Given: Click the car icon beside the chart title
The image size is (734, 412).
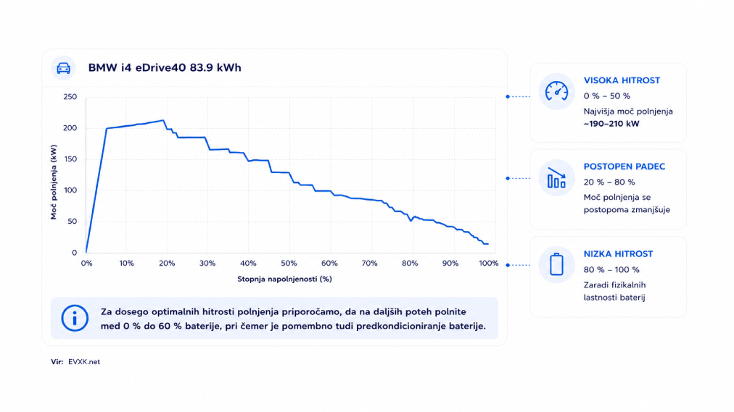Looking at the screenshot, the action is pyautogui.click(x=63, y=68).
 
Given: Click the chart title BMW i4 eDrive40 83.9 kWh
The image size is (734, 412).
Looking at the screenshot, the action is pyautogui.click(x=165, y=68).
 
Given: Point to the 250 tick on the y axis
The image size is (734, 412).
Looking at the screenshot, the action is pyautogui.click(x=70, y=97).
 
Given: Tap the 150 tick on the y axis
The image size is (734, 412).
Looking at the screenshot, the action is pyautogui.click(x=70, y=159).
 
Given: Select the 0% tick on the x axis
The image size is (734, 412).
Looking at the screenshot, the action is pyautogui.click(x=86, y=264).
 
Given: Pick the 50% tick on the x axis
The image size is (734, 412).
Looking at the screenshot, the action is pyautogui.click(x=289, y=264).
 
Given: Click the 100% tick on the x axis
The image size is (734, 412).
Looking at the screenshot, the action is pyautogui.click(x=488, y=264).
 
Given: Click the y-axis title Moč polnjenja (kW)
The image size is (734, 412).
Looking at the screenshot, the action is pyautogui.click(x=54, y=182).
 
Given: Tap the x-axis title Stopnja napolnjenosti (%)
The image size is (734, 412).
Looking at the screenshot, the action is pyautogui.click(x=284, y=279).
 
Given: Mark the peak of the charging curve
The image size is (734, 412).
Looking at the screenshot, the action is pyautogui.click(x=163, y=120).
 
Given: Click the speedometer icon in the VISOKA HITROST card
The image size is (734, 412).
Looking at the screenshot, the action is pyautogui.click(x=556, y=91).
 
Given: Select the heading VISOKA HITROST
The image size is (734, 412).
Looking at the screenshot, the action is pyautogui.click(x=622, y=80).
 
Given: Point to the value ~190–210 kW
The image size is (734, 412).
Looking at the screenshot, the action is pyautogui.click(x=611, y=124).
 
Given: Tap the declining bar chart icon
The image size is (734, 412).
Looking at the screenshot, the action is pyautogui.click(x=556, y=178).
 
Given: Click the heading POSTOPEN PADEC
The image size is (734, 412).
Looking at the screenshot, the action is pyautogui.click(x=624, y=167).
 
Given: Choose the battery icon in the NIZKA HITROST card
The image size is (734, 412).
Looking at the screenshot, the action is pyautogui.click(x=556, y=264).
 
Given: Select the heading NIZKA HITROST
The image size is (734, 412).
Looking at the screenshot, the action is pyautogui.click(x=618, y=254).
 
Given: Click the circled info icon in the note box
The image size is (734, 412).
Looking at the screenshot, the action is pyautogui.click(x=75, y=318).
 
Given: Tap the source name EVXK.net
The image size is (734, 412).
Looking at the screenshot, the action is pyautogui.click(x=84, y=362).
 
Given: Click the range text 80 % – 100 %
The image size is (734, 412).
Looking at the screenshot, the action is pyautogui.click(x=611, y=270).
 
